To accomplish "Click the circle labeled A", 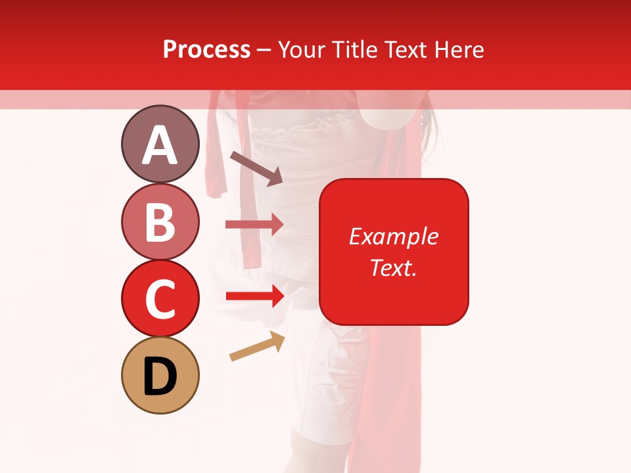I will click(x=160, y=144).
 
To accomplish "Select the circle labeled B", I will click(x=160, y=221).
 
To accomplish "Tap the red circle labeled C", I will click(x=160, y=299).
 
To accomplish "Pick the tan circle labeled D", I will click(x=160, y=376).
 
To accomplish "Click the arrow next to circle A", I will click(x=256, y=168).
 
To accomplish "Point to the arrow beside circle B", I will click(x=254, y=225).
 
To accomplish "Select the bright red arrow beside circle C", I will click(x=254, y=296).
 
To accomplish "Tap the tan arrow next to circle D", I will click(x=257, y=346).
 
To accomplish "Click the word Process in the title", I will click(x=206, y=50).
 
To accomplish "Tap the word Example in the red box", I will click(x=394, y=236).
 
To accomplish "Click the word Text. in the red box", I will click(x=394, y=267).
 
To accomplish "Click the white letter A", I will click(x=160, y=145).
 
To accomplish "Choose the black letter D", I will click(x=160, y=376).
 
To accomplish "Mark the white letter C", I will click(x=160, y=300).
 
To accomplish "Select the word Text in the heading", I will click(x=404, y=50).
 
